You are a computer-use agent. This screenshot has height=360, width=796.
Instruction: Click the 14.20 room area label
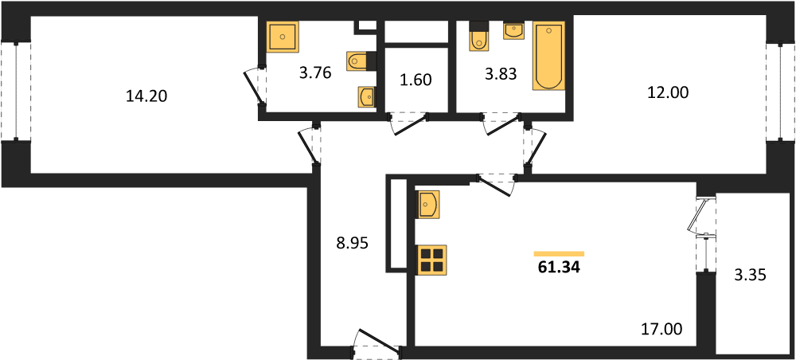(146, 96)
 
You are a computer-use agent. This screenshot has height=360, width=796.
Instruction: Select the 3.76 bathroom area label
(315, 73)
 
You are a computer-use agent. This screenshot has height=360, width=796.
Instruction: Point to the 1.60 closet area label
(416, 80)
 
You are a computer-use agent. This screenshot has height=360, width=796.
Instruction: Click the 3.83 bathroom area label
(501, 75)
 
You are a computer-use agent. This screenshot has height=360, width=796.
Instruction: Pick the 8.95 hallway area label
(351, 244)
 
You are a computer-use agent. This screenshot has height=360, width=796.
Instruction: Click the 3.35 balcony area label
(748, 276)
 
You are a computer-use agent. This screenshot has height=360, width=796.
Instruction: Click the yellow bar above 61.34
(559, 253)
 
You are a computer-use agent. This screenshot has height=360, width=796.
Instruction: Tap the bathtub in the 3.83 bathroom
(548, 56)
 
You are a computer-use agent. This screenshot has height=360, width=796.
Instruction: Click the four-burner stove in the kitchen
(431, 260)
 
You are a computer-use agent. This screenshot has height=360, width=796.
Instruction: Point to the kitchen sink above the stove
(427, 204)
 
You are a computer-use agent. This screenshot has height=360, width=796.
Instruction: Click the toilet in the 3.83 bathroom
(478, 37)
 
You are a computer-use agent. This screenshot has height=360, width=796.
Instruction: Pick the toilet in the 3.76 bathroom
(361, 61)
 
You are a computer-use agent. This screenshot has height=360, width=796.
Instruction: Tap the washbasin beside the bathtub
(514, 30)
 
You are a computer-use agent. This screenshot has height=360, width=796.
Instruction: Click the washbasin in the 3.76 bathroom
(366, 96)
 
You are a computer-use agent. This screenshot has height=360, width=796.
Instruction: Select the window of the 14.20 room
(16, 92)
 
